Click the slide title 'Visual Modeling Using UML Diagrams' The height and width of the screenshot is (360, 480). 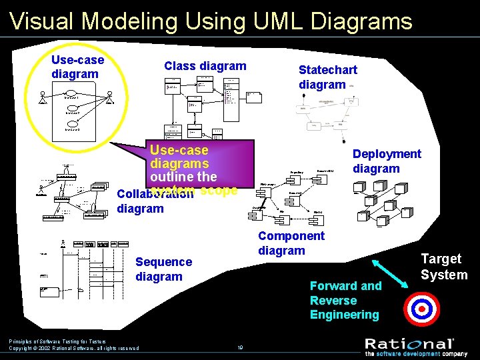pos(211,21)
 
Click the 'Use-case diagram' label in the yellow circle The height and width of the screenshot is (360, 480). pos(77,67)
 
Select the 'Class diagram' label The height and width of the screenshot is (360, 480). pos(205,65)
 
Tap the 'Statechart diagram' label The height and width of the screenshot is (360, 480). pos(327,77)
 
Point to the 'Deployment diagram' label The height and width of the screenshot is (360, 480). pos(387,161)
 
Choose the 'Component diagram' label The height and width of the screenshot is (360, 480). pos(291,243)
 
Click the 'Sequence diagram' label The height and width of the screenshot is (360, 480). pos(163,269)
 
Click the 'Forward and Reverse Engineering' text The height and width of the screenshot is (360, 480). pos(345,300)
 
